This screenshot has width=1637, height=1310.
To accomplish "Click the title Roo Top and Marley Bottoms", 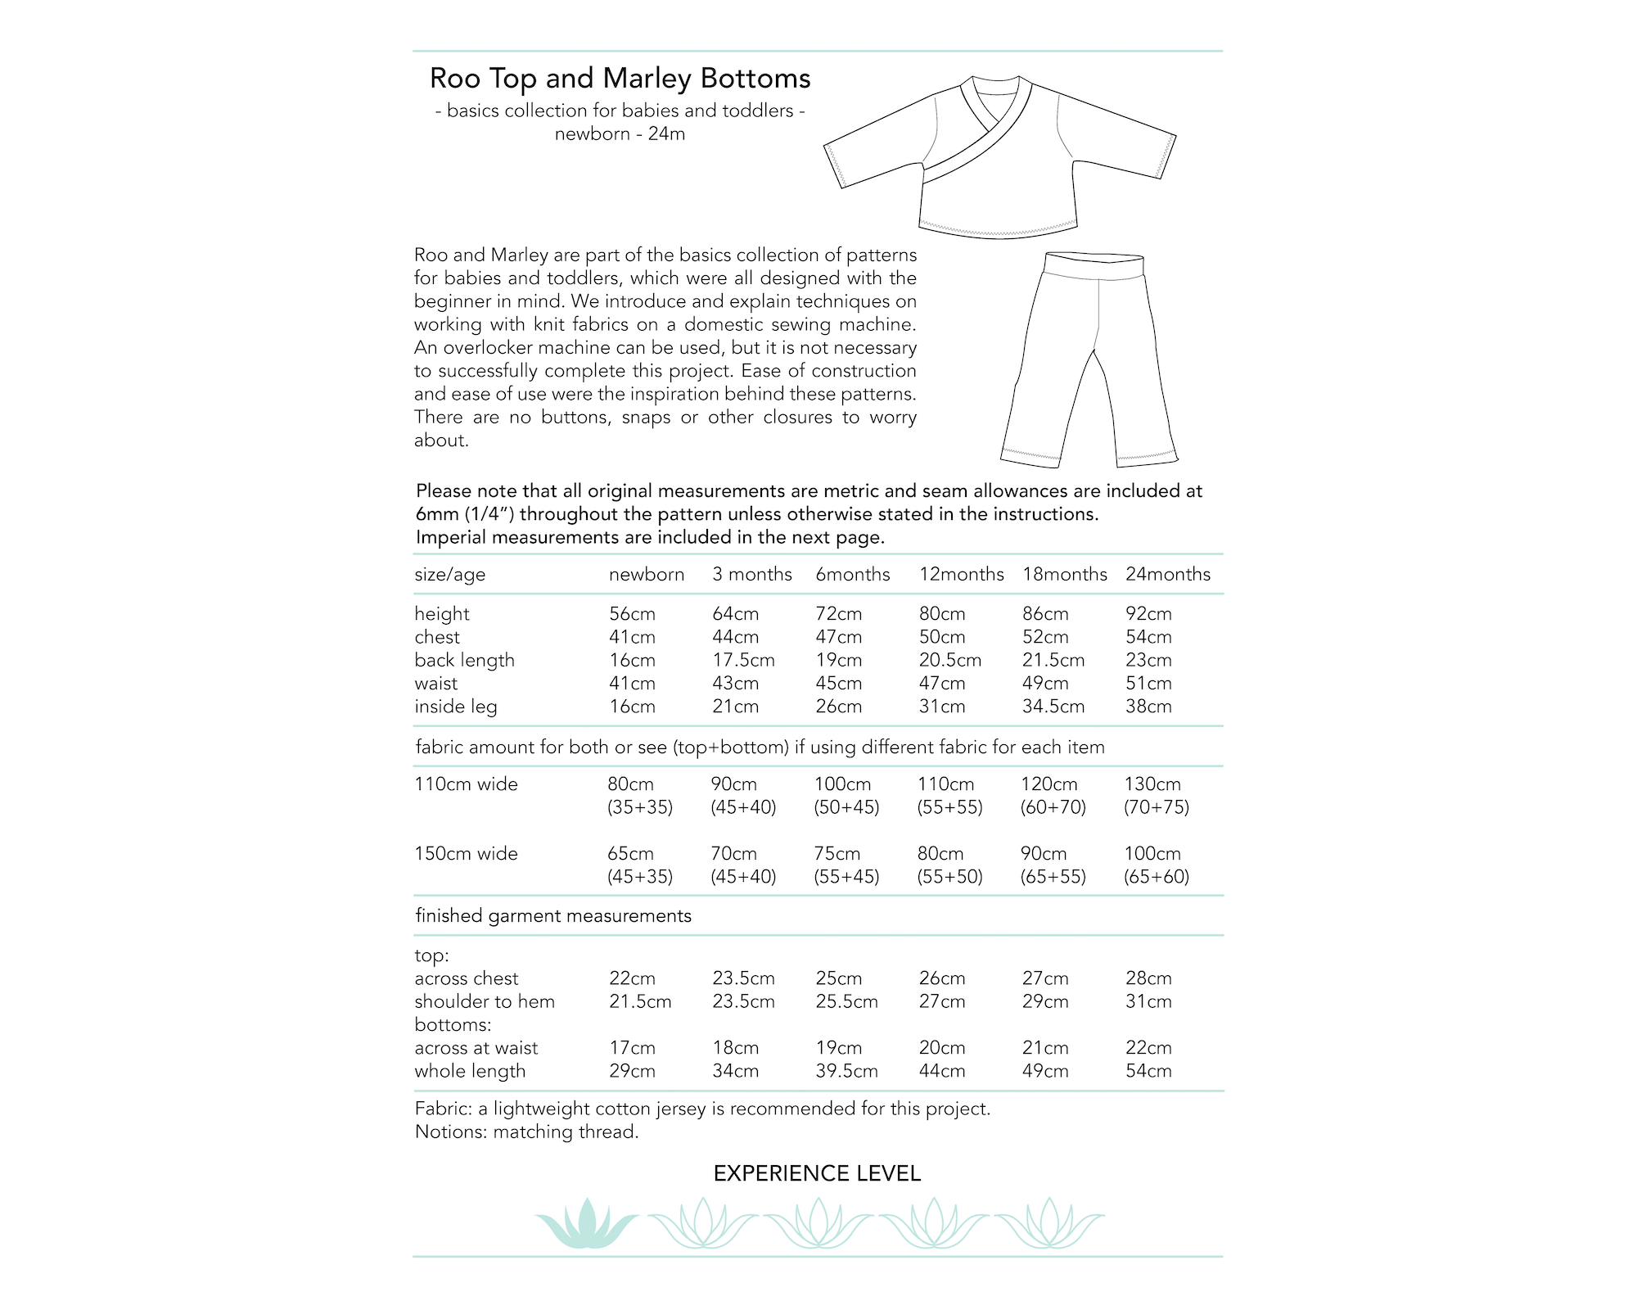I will point(620,79).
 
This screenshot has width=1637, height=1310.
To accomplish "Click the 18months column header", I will point(1064,575).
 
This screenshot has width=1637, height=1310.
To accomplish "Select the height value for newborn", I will point(632,614).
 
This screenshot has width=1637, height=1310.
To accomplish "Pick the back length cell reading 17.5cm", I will point(743,660).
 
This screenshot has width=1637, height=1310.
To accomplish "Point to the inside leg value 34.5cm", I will point(1053,707).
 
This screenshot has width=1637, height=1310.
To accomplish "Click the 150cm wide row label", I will point(466,854).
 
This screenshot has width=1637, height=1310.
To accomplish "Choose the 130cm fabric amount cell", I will point(1152,784).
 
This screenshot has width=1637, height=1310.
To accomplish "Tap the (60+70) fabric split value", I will point(1053,807).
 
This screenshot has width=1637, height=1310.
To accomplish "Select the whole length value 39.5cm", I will point(846,1071).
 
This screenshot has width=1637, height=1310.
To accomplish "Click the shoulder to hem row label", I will point(485,1001).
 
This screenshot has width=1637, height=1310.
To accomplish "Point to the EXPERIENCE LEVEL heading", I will point(817,1174).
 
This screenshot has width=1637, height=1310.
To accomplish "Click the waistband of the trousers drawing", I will point(1094,267).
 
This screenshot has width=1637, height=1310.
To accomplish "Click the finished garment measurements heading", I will point(553,916).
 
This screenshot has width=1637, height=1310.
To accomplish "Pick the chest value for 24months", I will point(1148,637).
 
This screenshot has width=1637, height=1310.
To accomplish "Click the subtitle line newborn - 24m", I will point(620,134).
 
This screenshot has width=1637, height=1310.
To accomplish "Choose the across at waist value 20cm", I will point(942,1048).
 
